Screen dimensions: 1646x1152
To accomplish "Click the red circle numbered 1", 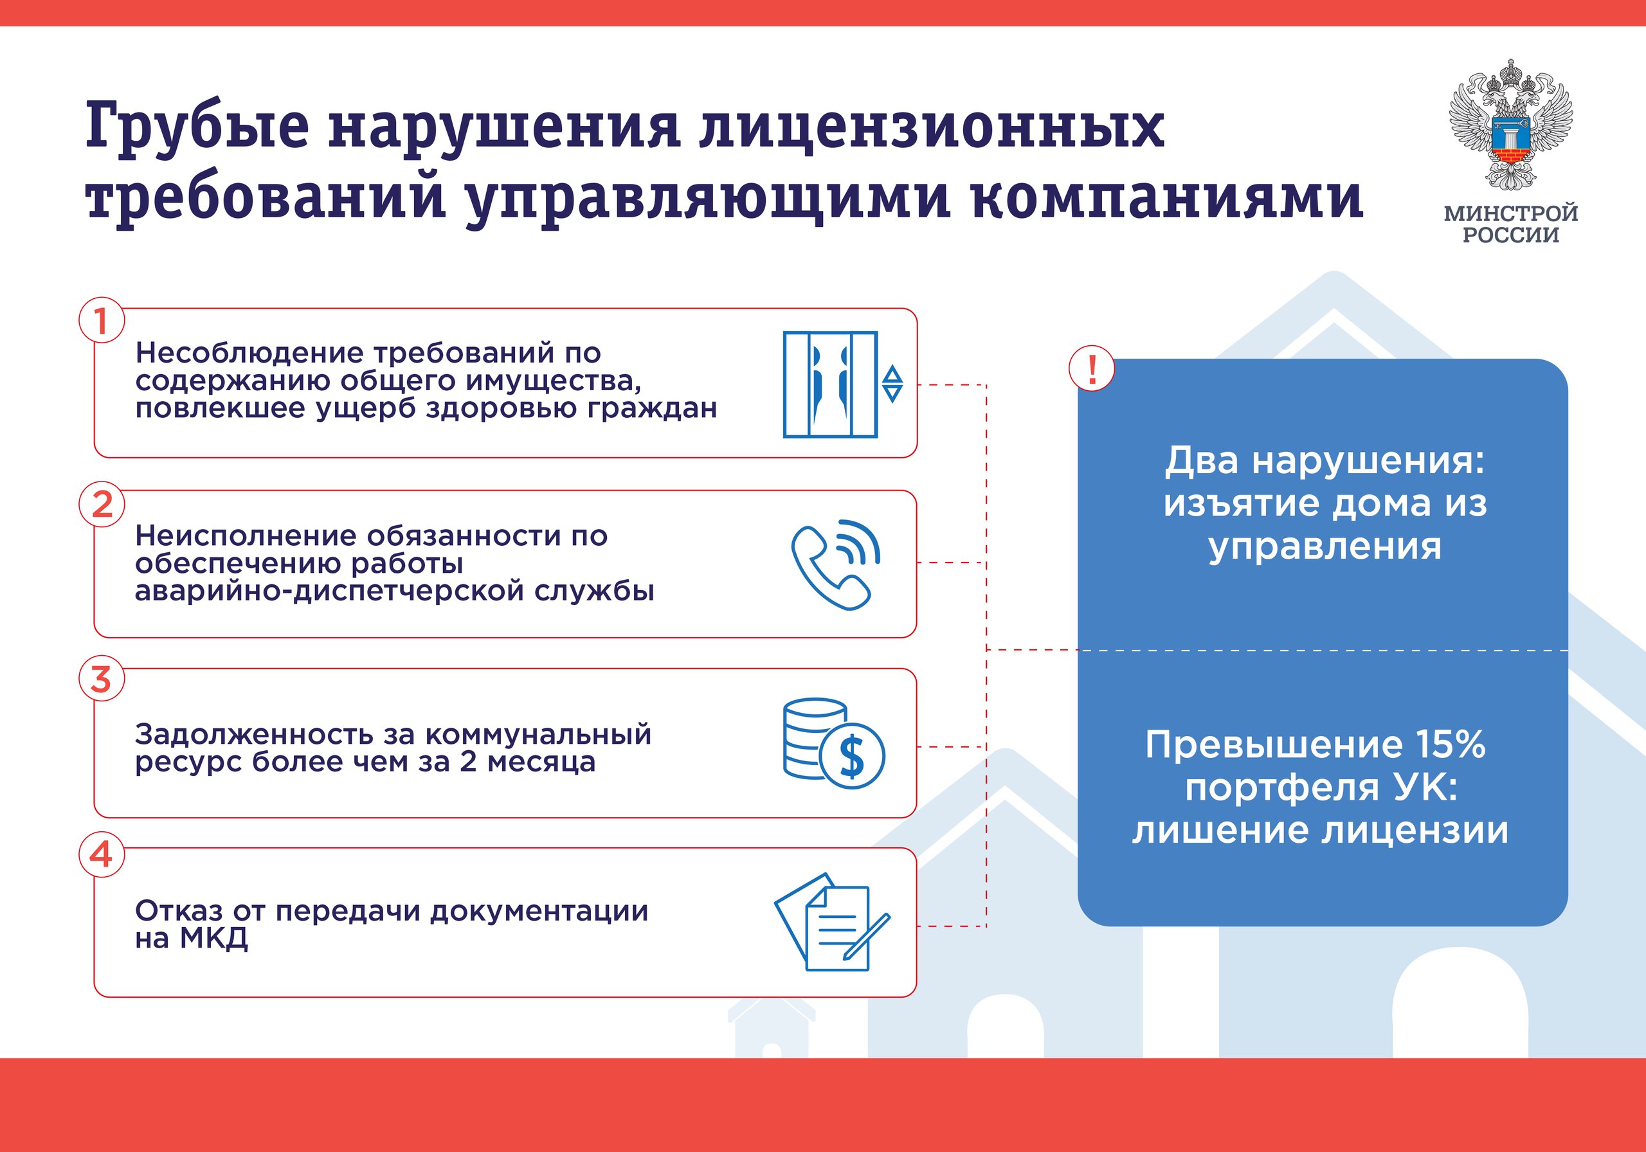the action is [101, 320].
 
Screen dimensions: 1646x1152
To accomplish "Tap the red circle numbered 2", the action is [101, 504].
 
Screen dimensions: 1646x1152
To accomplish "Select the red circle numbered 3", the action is [101, 679].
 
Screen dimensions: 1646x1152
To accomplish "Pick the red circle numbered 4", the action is [101, 854].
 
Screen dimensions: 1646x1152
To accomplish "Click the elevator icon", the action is [830, 384].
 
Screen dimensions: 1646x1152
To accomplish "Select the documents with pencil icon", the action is [831, 922].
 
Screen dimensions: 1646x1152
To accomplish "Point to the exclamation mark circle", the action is [1092, 369].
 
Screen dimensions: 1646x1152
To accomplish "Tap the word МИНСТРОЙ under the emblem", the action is [1510, 213].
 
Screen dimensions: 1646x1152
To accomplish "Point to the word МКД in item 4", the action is [213, 939].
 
